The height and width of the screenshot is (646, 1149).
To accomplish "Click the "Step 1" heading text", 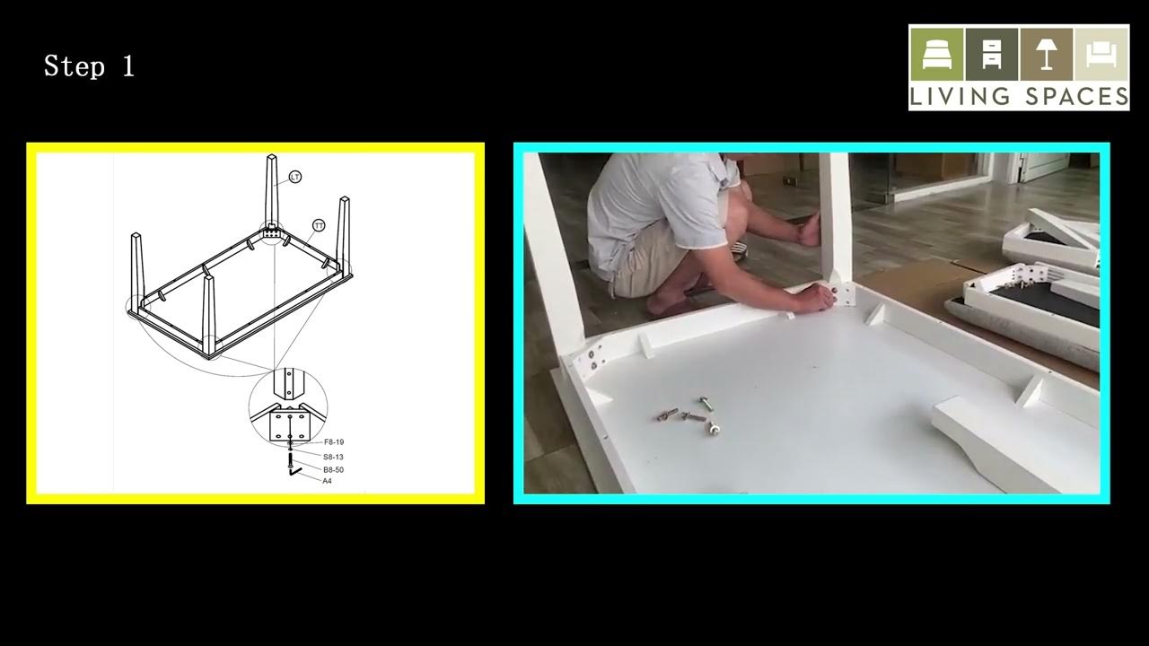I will [x=89, y=66].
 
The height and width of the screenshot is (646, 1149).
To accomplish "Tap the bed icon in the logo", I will [x=936, y=54].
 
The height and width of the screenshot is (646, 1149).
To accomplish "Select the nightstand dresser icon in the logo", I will [x=991, y=54].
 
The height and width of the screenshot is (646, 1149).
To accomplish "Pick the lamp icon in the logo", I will [x=1046, y=54].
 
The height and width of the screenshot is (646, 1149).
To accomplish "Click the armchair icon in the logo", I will [x=1101, y=54].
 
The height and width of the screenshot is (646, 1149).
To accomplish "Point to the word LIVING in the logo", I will [x=953, y=96].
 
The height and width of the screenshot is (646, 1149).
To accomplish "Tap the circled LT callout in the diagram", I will [x=295, y=178].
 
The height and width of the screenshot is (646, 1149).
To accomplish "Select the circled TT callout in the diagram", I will [x=318, y=224].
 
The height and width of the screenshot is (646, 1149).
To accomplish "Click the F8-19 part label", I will [x=334, y=442].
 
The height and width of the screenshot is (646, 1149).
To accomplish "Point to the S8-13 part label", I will [x=334, y=457].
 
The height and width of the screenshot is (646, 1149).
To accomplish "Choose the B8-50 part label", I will [x=334, y=469].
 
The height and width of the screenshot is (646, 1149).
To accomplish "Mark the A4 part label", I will [x=328, y=481].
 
